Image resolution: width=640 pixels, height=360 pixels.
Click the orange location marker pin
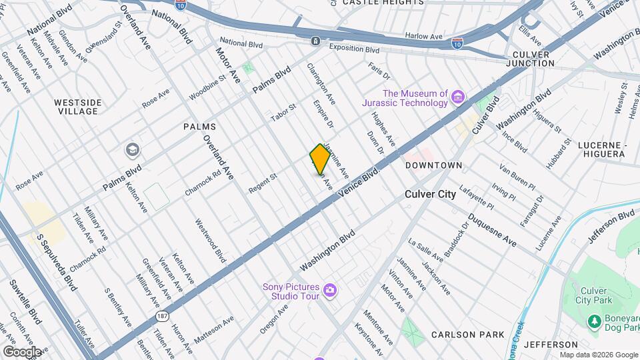pyautogui.click(x=320, y=159)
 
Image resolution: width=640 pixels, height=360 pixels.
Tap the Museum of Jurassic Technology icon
pyautogui.click(x=457, y=98)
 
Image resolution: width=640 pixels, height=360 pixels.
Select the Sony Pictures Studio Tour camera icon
pyautogui.click(x=329, y=290)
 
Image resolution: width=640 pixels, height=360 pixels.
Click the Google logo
pyautogui.click(x=22, y=352)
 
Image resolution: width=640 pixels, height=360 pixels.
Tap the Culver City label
pyautogui.click(x=431, y=195)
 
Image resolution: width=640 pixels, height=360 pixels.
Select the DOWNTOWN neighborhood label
pyautogui.click(x=433, y=165)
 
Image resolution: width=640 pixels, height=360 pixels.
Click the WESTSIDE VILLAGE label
pyautogui.click(x=77, y=107)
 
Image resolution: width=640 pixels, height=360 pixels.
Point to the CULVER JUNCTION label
pyautogui.click(x=530, y=59)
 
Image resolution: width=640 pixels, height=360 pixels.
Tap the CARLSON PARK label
pyautogui.click(x=462, y=334)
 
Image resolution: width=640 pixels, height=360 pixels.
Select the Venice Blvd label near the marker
pyautogui.click(x=359, y=181)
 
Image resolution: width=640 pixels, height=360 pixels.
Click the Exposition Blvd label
pyautogui.click(x=355, y=49)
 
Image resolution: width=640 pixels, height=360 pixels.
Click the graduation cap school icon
pyautogui.click(x=132, y=150)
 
